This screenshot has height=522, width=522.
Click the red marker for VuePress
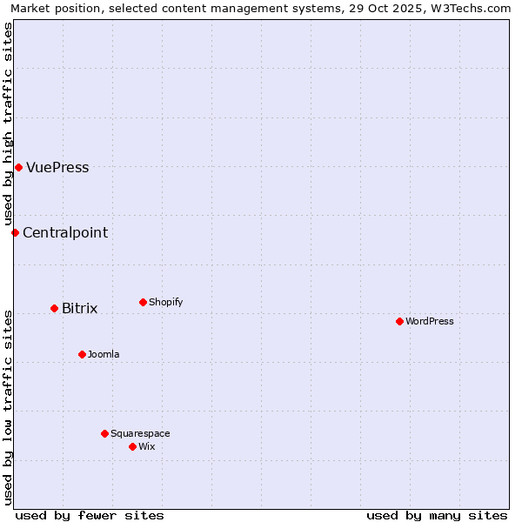18,167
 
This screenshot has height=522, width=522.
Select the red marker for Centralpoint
15,232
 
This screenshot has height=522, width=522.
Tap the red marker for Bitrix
54,308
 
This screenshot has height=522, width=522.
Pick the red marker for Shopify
143,302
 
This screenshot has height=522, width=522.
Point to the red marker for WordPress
399,321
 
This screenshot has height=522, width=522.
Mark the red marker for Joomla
82,354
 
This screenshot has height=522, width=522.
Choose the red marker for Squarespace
104,433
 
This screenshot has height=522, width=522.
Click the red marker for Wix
132,446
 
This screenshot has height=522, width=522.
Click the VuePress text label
57,168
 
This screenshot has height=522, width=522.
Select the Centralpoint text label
65,232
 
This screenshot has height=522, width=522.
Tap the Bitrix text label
79,309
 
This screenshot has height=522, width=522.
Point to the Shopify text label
165,302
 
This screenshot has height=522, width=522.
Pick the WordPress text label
429,321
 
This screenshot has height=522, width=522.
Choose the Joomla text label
104,354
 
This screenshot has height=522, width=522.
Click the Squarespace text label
140,433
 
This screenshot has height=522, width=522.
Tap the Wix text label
146,446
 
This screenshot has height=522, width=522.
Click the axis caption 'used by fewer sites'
90,515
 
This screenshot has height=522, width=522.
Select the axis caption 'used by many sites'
437,515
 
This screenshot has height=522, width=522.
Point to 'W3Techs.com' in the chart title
472,8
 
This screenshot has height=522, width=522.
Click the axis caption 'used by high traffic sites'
8,124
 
